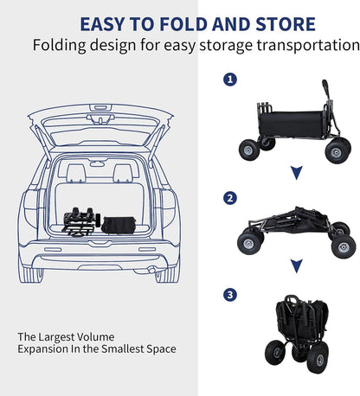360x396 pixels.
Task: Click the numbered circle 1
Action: pos(230,80)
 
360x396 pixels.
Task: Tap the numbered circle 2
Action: pos(230,198)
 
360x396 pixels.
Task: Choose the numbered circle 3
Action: pos(230,296)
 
